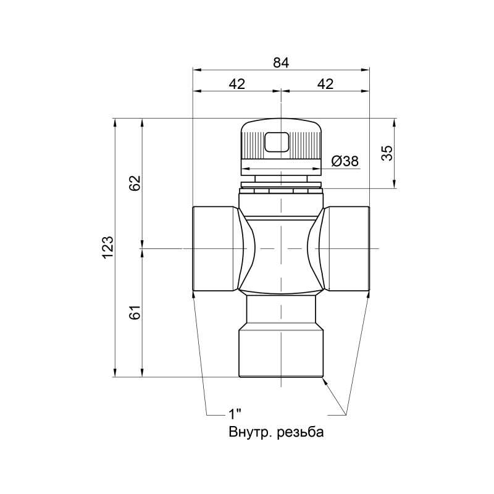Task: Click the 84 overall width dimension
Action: pyautogui.click(x=281, y=62)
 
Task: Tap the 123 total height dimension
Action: pyautogui.click(x=108, y=247)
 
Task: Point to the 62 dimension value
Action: pyautogui.click(x=135, y=183)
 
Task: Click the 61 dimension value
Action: pyautogui.click(x=135, y=312)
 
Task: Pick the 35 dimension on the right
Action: pyautogui.click(x=387, y=153)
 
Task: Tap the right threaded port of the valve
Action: pyautogui.click(x=348, y=248)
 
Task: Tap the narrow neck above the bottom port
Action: pyautogui.click(x=281, y=312)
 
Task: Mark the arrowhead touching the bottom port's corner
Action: pyautogui.click(x=324, y=381)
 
